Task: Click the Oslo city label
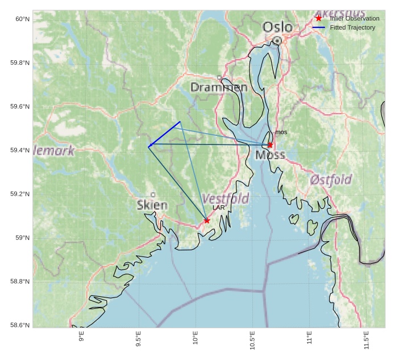277,27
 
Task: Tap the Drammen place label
219,88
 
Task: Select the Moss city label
270,155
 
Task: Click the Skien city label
152,205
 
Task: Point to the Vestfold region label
226,199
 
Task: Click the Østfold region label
331,180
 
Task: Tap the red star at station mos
270,145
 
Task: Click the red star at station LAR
207,221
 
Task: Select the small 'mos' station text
281,133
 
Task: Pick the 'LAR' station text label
219,208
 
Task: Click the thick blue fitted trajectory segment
164,134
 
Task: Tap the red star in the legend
318,19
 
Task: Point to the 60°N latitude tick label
22,19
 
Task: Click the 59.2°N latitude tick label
20,195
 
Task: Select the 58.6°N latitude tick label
20,325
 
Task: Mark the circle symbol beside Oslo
277,40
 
